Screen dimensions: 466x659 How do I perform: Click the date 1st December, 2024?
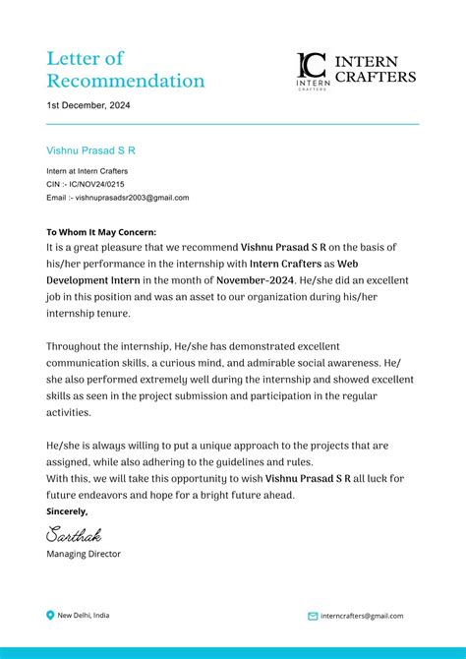[88, 105]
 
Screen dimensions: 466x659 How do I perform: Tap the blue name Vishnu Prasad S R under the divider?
[90, 150]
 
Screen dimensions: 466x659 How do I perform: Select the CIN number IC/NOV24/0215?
[96, 184]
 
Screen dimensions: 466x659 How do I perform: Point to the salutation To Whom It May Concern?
[108, 232]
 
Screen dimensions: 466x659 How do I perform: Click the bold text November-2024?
[254, 279]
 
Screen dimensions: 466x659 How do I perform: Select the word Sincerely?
[67, 511]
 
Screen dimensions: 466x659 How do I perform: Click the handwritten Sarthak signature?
[74, 535]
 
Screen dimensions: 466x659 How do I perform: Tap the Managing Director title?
[84, 554]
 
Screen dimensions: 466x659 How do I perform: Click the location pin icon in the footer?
[51, 616]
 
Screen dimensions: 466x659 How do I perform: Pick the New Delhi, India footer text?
[84, 616]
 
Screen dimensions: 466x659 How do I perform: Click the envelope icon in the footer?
[313, 617]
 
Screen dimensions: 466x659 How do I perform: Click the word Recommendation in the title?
[126, 81]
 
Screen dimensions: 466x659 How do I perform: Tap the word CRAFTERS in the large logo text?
[376, 77]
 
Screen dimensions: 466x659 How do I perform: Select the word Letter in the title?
[72, 58]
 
